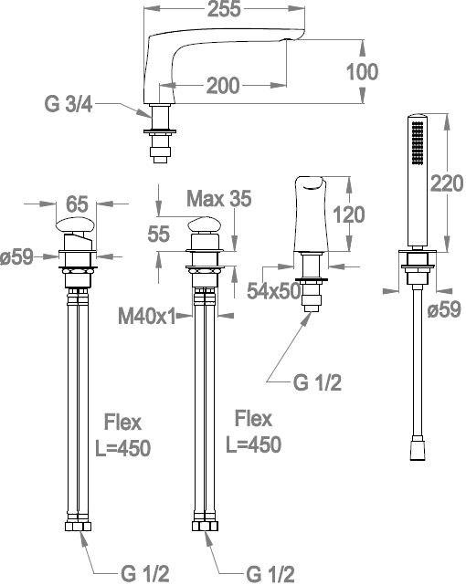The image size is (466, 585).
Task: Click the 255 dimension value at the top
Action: (x=224, y=9)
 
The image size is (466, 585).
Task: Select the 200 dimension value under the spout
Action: (x=223, y=86)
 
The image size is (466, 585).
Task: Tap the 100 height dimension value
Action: (x=362, y=71)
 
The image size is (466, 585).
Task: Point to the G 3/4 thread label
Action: (x=69, y=104)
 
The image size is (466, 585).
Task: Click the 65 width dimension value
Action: (x=77, y=204)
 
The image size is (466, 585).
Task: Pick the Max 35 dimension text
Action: (x=219, y=198)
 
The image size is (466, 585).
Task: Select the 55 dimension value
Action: (x=159, y=234)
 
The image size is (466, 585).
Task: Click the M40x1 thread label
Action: (x=147, y=317)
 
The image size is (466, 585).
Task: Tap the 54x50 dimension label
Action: (x=274, y=290)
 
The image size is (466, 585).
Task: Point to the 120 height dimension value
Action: (x=348, y=214)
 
